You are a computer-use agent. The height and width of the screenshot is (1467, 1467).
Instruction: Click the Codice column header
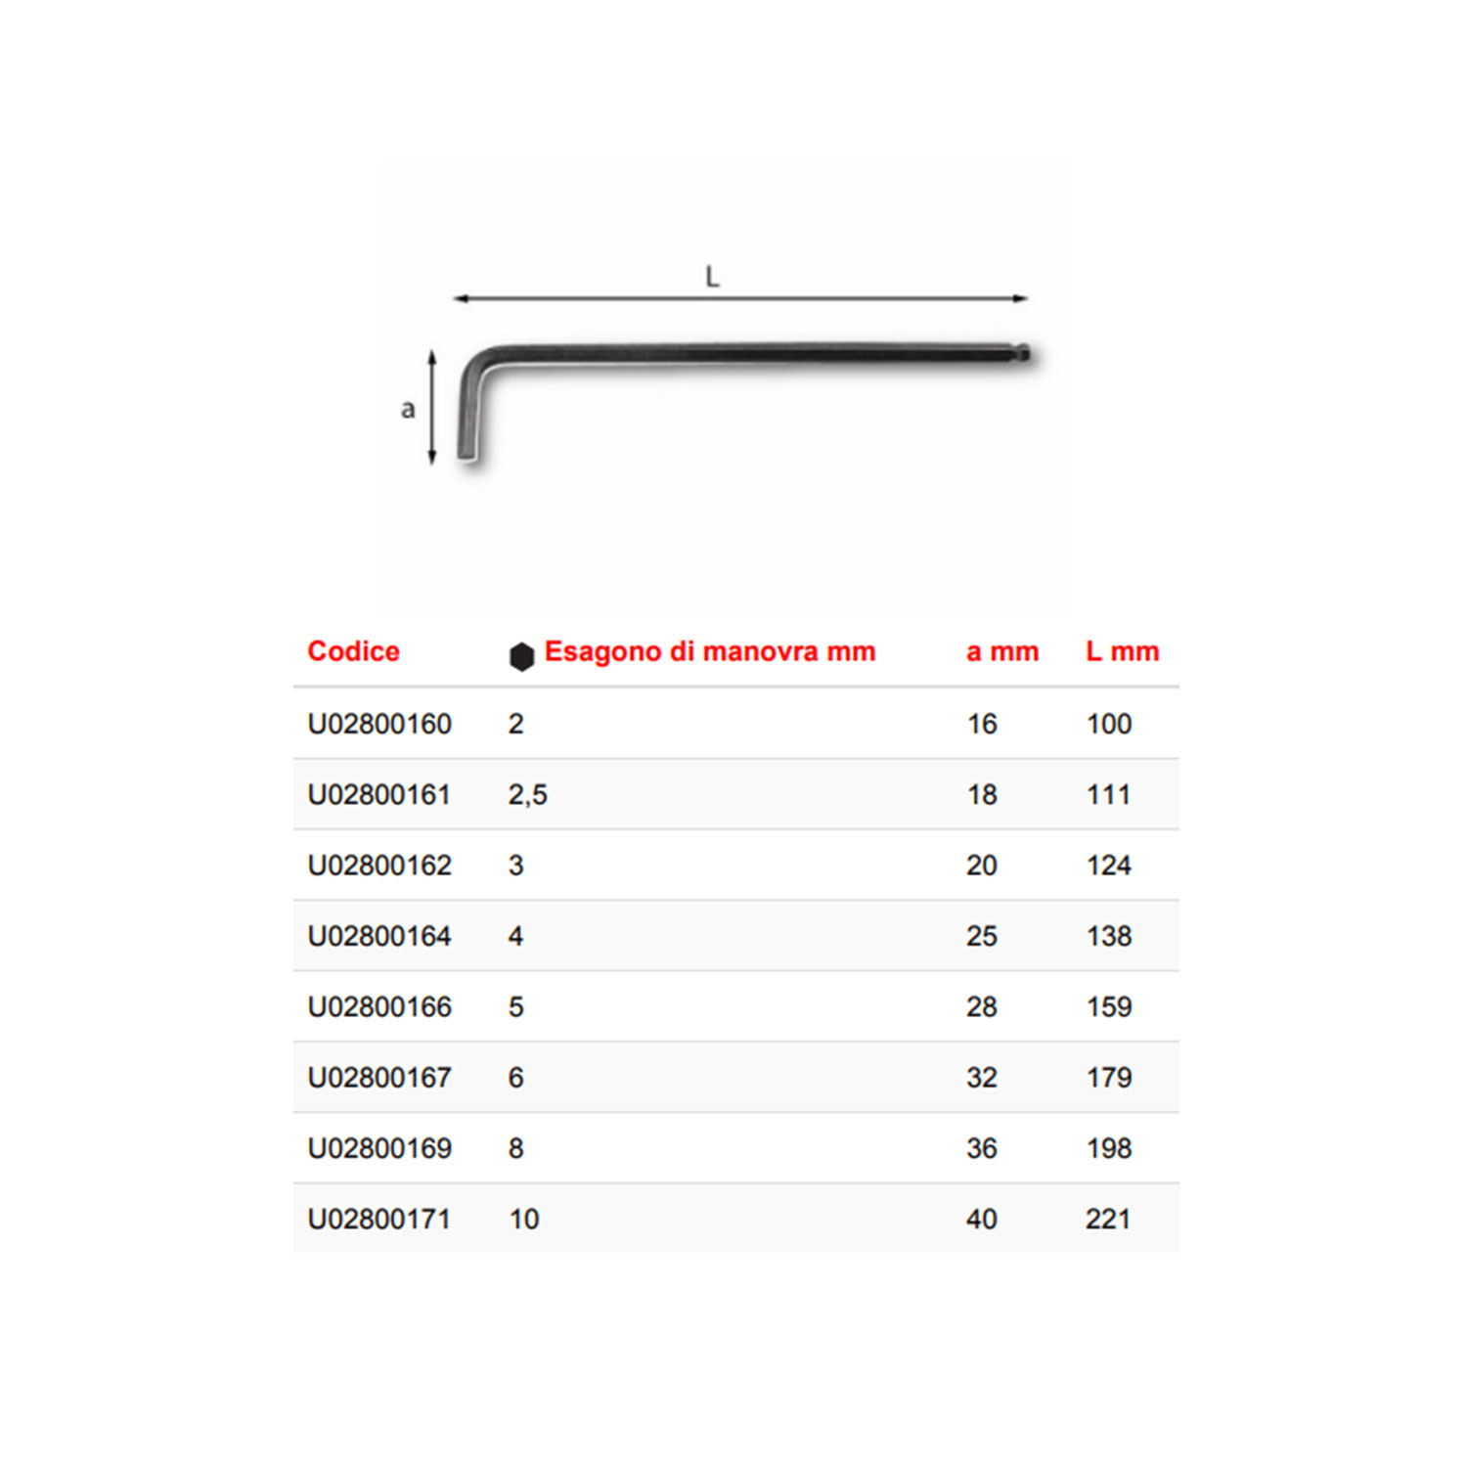tap(353, 651)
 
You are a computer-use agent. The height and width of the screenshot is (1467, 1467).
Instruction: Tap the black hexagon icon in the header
tap(521, 656)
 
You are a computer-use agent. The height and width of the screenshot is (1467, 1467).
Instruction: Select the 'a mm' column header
tap(1002, 651)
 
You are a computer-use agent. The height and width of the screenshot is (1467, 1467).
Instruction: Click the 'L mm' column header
tap(1123, 651)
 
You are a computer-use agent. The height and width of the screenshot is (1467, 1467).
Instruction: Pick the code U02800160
tap(379, 724)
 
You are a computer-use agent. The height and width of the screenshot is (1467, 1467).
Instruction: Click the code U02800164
tap(379, 936)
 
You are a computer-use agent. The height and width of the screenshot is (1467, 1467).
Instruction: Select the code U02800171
tap(379, 1219)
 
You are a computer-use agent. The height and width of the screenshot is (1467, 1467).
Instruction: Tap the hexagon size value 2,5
tap(528, 795)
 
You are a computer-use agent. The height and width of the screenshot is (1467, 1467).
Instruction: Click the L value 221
tap(1108, 1219)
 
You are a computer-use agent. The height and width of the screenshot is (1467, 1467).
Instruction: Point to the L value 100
tap(1109, 724)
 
